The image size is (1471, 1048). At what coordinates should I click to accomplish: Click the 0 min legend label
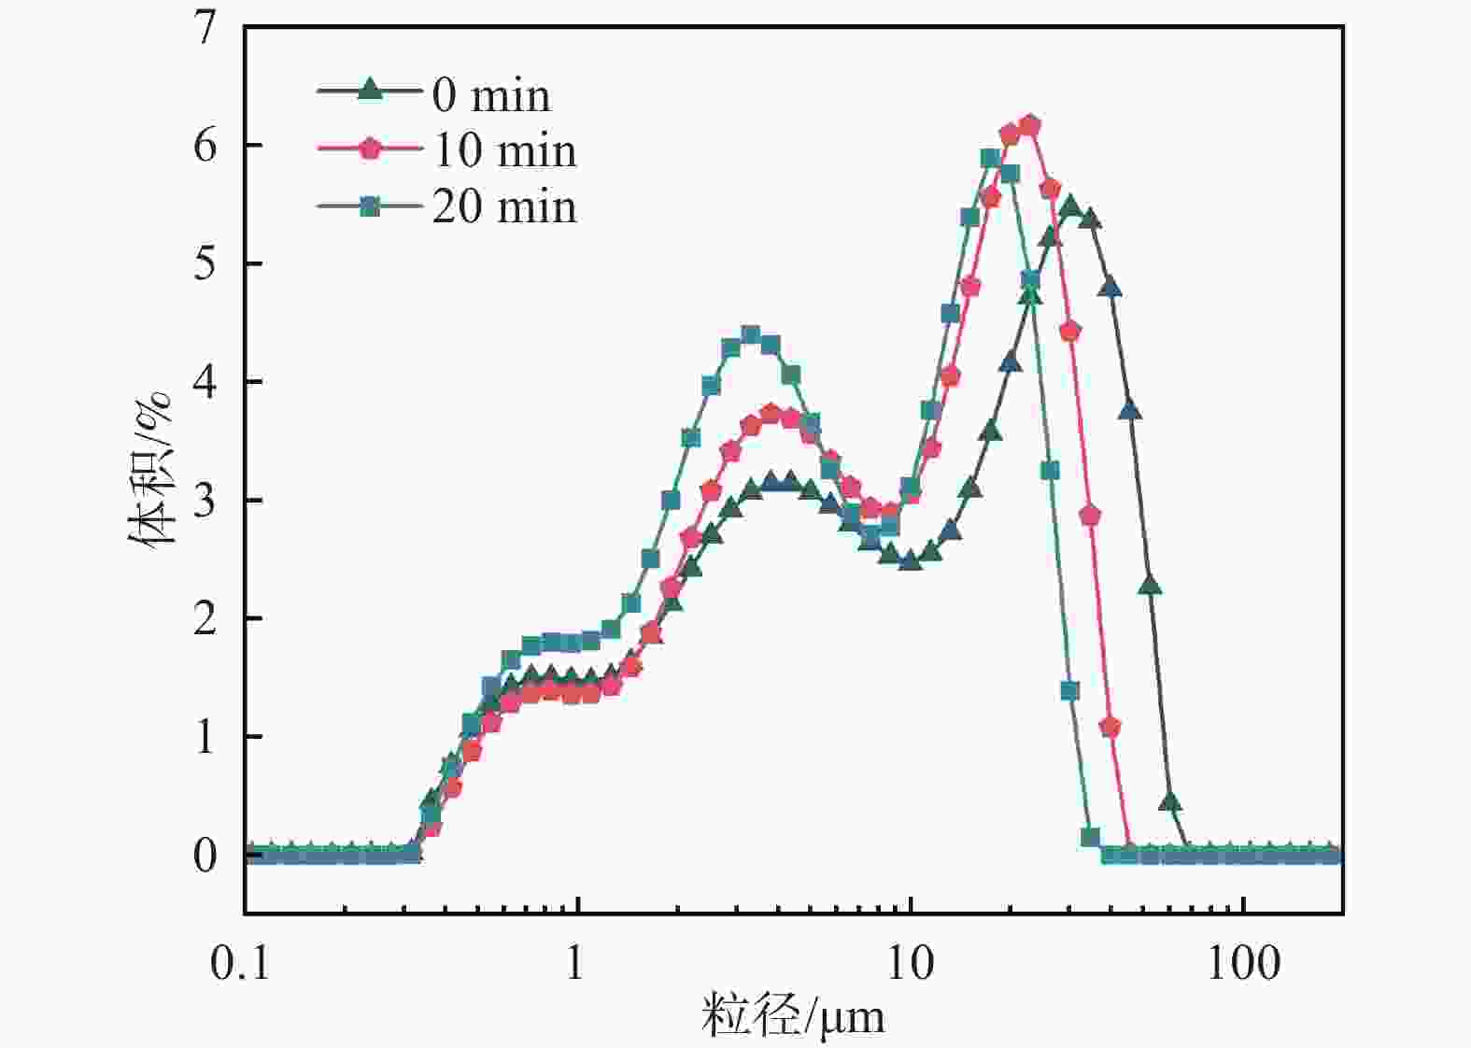(491, 95)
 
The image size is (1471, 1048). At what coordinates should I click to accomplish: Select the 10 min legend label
(504, 150)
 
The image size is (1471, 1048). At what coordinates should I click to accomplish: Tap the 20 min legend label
(504, 206)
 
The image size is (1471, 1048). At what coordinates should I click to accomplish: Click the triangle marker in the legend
(371, 90)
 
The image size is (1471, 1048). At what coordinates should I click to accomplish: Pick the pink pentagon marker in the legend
(371, 148)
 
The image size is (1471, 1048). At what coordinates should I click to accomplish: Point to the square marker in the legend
(371, 205)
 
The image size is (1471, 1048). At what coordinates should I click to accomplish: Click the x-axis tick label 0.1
(240, 963)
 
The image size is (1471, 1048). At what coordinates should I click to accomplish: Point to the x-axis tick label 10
(910, 963)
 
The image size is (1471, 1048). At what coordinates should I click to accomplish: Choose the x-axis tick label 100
(1242, 963)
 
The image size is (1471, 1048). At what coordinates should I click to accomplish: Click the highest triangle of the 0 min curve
(1070, 205)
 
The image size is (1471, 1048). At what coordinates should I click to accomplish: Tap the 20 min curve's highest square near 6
(991, 158)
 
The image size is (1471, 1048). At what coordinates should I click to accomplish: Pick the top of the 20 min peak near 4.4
(750, 334)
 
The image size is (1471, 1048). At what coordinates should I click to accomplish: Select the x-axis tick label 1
(574, 963)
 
